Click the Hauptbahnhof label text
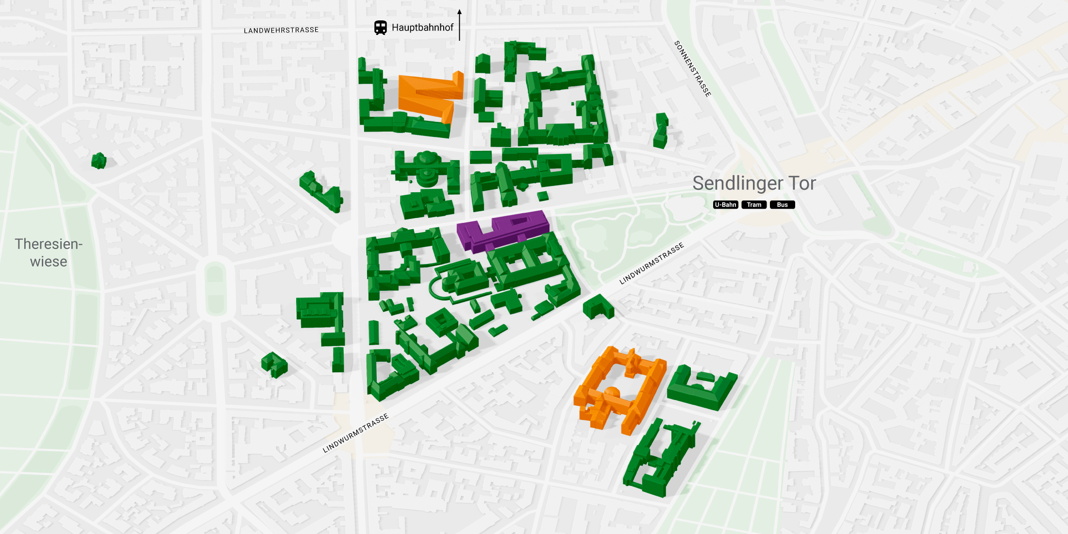(x=422, y=28)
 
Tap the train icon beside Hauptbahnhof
(x=381, y=28)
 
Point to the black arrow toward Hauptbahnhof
(x=459, y=24)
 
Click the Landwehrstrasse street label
(x=281, y=30)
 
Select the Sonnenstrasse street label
(x=693, y=69)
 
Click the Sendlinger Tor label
(x=754, y=183)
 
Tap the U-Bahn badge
(x=725, y=205)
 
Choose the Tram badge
(x=754, y=205)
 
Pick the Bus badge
(x=782, y=205)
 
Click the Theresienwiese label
(x=49, y=252)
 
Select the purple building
(x=502, y=230)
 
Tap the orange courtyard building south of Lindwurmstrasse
(x=621, y=388)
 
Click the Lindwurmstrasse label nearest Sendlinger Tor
(x=651, y=263)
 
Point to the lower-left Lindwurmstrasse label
(x=356, y=433)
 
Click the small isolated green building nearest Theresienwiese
(x=99, y=160)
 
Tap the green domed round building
(x=427, y=167)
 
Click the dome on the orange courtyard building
(x=612, y=392)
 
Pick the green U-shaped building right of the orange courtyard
(x=701, y=388)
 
